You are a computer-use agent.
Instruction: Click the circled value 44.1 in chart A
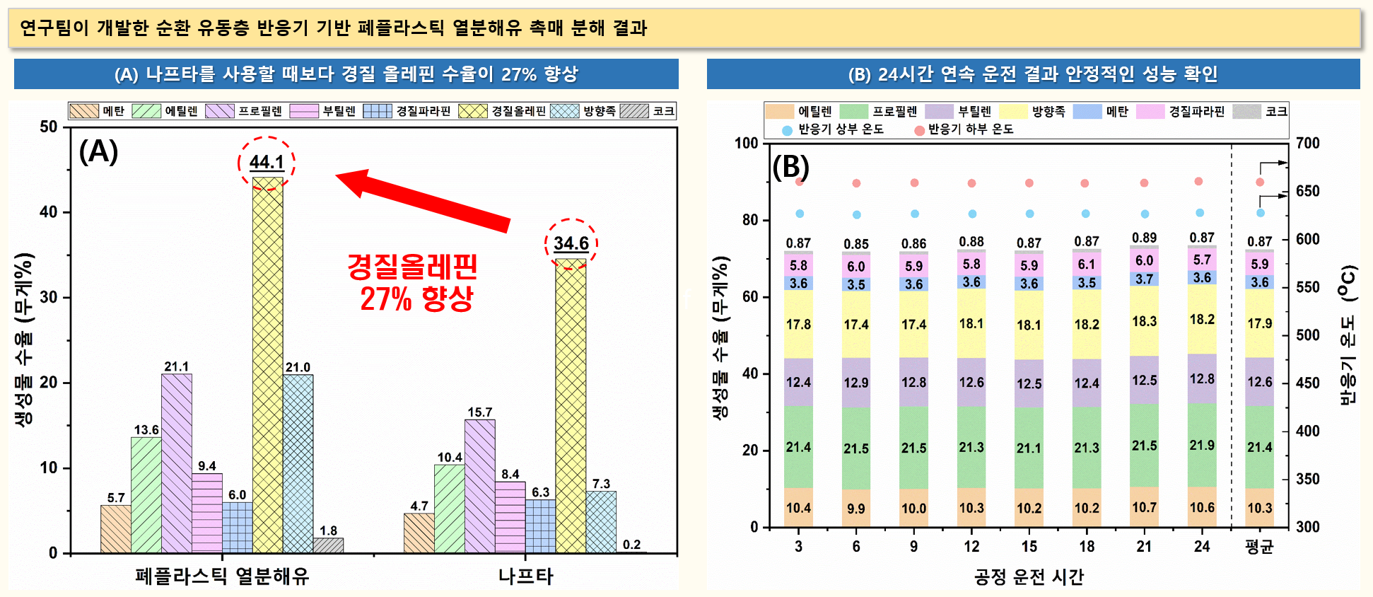click(x=267, y=163)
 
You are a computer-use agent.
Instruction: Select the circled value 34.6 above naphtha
click(x=571, y=243)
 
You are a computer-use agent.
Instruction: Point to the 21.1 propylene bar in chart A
click(x=177, y=463)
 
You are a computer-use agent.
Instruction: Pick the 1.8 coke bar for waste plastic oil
click(x=328, y=545)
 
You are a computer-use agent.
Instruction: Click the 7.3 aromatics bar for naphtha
click(x=601, y=522)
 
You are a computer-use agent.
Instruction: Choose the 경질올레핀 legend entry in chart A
click(x=502, y=111)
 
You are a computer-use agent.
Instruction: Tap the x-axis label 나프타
click(x=525, y=576)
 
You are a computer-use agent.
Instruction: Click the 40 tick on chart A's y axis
click(x=49, y=212)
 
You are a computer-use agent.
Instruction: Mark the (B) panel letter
click(x=790, y=167)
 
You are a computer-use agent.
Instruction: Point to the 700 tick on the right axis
click(x=1307, y=143)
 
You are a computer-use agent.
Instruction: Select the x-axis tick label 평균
click(x=1259, y=547)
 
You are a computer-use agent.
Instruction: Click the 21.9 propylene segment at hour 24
click(x=1202, y=445)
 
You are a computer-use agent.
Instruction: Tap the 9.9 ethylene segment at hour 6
click(x=856, y=509)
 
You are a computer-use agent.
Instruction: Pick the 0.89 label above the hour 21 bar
click(x=1144, y=238)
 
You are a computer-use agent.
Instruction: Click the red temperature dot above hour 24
click(x=1198, y=182)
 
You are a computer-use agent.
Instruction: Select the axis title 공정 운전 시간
click(x=1029, y=577)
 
